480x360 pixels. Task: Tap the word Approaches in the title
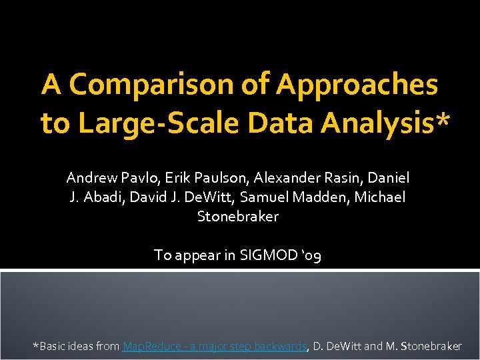(357, 85)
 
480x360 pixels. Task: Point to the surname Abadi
(101, 197)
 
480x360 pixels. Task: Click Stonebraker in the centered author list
(238, 217)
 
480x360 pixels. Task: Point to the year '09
(310, 255)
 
